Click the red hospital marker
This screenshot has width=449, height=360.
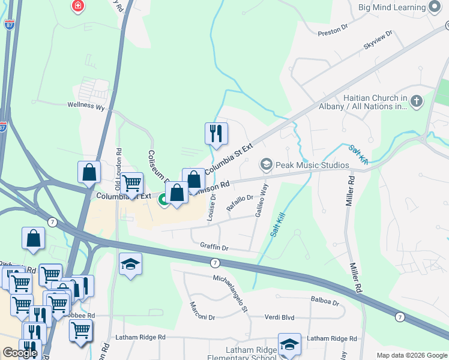77,7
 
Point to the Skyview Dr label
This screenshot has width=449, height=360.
378,40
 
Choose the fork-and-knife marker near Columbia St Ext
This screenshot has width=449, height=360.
215,133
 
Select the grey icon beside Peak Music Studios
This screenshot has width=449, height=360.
266,164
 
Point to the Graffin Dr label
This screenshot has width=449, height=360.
214,247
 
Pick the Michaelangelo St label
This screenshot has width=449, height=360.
231,294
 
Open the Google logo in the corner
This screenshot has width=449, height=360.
20,353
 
